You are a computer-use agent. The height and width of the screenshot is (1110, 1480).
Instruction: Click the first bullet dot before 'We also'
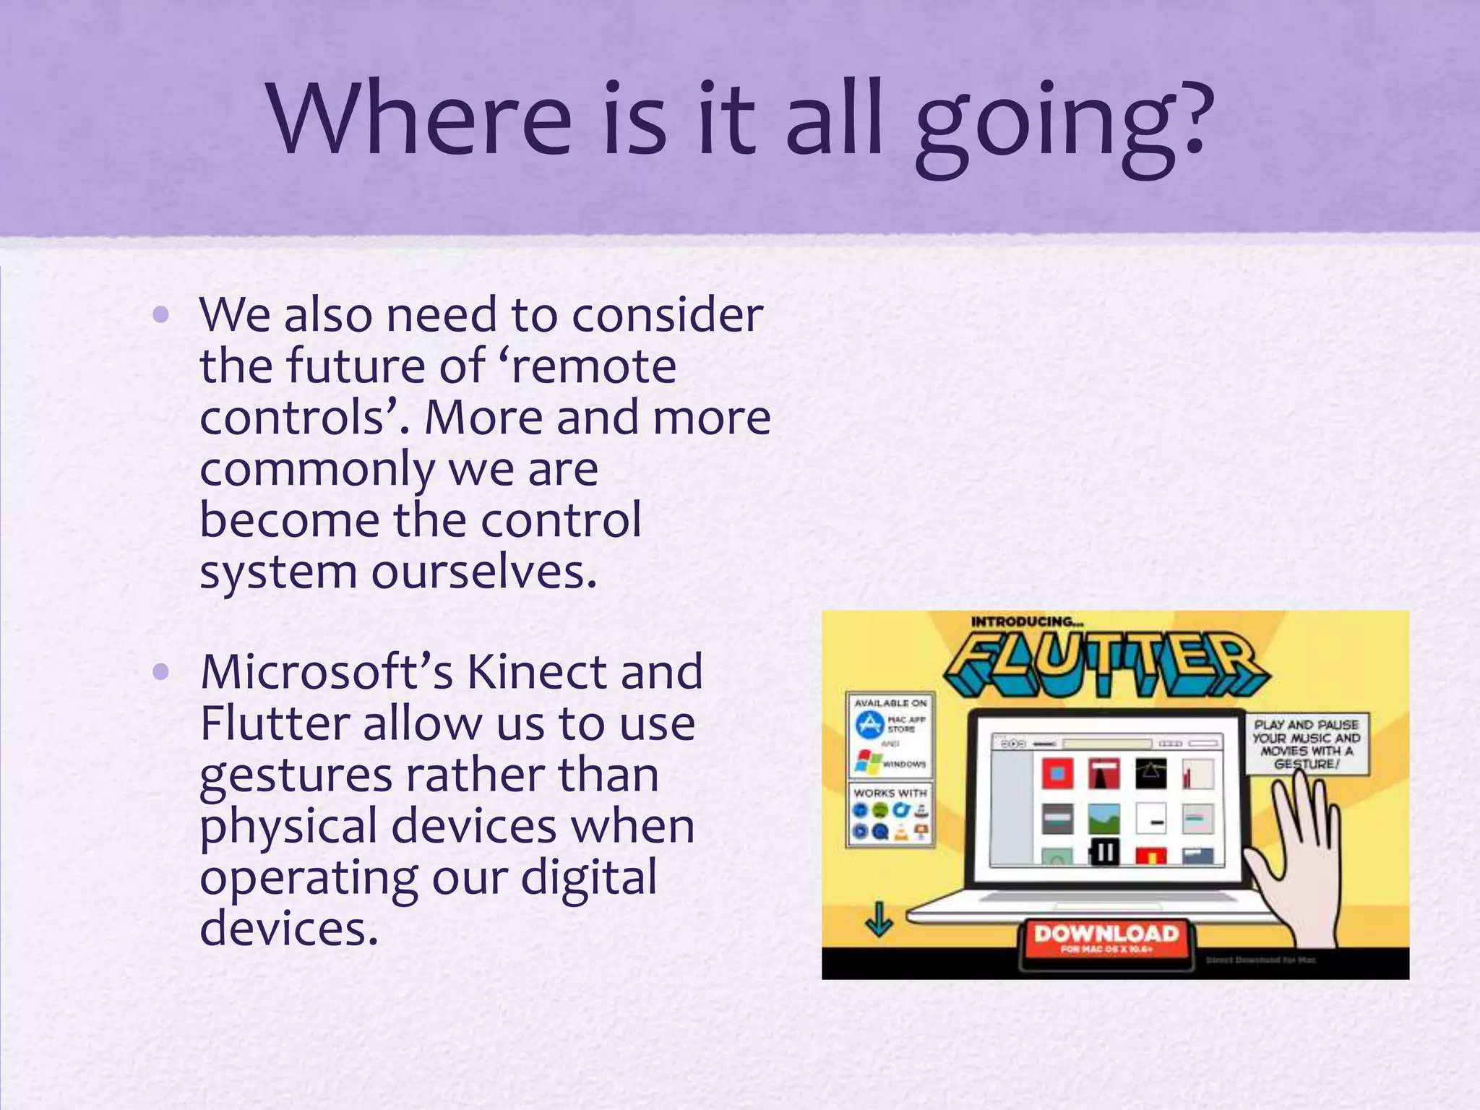pyautogui.click(x=161, y=314)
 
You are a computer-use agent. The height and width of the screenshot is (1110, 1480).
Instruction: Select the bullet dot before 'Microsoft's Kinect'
pyautogui.click(x=161, y=672)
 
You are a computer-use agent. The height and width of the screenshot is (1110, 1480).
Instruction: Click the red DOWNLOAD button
pyautogui.click(x=1106, y=937)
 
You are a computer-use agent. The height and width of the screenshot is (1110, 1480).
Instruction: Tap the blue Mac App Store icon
pyautogui.click(x=869, y=724)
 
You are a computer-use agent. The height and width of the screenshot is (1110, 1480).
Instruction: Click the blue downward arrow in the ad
pyautogui.click(x=879, y=919)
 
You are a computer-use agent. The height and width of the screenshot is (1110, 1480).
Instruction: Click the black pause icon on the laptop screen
pyautogui.click(x=1103, y=853)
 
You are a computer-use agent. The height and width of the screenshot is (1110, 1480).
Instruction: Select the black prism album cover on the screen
pyautogui.click(x=1150, y=774)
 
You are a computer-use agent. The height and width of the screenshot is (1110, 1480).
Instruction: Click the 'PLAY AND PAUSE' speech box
pyautogui.click(x=1306, y=744)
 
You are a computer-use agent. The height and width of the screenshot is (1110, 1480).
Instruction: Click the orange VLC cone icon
pyautogui.click(x=901, y=832)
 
